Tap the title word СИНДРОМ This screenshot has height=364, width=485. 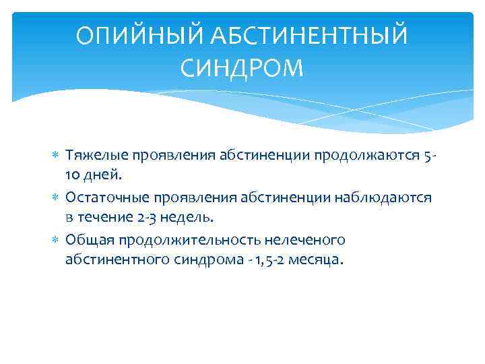(243, 67)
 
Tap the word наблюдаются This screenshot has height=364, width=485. (388, 198)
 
